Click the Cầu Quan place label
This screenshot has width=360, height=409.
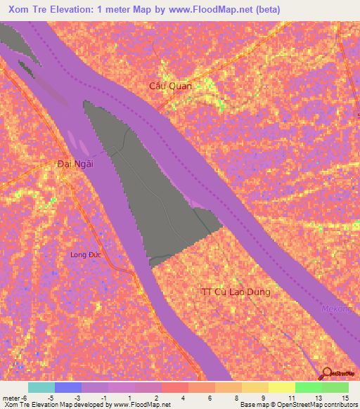tap(170, 86)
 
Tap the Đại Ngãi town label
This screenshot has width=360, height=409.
tap(75, 164)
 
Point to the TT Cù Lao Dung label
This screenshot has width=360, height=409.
tap(235, 292)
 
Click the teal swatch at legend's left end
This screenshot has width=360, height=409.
tap(41, 387)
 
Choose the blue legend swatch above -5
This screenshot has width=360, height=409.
tap(68, 387)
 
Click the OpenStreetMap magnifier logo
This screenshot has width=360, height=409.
tap(327, 373)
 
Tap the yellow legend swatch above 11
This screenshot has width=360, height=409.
tap(282, 387)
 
